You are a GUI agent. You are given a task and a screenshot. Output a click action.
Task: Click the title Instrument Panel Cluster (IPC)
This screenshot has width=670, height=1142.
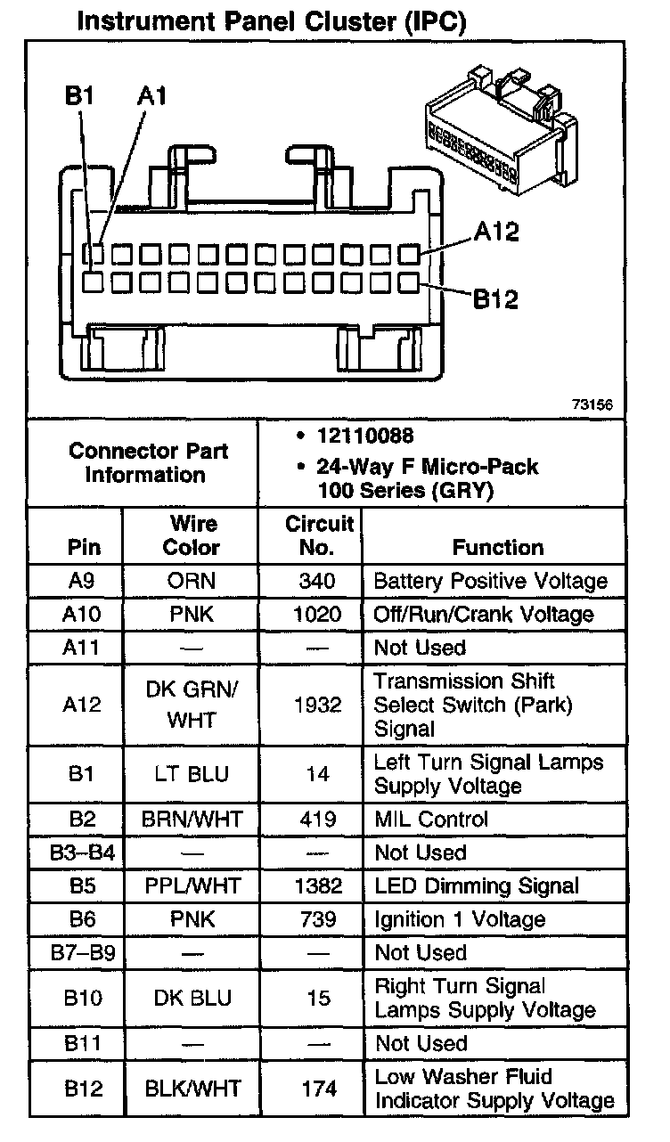click(272, 21)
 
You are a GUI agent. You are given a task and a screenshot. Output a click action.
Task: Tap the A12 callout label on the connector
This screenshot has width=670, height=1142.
click(496, 232)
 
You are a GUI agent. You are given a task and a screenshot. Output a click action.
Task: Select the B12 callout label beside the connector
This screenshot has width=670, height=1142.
click(495, 298)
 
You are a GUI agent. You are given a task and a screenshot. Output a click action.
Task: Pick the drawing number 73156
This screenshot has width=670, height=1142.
click(592, 404)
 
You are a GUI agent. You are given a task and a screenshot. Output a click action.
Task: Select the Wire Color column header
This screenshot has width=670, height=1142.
click(191, 534)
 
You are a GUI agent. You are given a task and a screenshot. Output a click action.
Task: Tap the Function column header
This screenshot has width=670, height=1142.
click(497, 547)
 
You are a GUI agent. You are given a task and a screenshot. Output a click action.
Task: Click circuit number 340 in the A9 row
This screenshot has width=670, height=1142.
click(318, 582)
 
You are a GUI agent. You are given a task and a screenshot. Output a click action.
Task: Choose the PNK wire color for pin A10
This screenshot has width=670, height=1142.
click(191, 615)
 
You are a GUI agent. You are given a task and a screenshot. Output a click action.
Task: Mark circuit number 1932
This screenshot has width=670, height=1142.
click(318, 706)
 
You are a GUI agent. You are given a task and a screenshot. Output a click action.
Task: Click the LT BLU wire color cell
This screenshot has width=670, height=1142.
click(191, 775)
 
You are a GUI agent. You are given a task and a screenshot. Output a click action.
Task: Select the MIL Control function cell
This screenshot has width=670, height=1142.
click(431, 820)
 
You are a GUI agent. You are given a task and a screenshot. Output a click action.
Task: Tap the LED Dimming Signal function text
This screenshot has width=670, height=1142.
click(477, 886)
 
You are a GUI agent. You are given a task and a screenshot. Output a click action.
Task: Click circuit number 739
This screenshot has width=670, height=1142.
click(318, 919)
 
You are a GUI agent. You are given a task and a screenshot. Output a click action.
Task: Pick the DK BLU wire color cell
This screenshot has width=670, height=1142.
click(191, 999)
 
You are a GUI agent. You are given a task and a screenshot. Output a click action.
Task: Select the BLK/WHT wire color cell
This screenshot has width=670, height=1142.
click(191, 1089)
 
